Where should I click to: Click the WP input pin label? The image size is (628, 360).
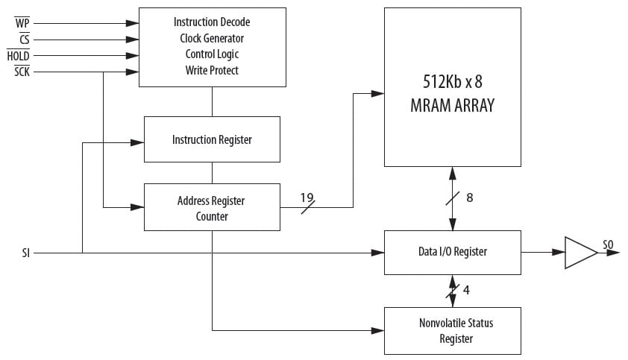(21, 23)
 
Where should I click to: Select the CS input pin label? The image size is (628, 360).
(23, 40)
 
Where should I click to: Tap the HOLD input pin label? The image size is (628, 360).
(18, 56)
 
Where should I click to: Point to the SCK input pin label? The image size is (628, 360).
(22, 72)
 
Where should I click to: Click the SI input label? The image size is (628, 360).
(26, 253)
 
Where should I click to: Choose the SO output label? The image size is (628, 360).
(609, 244)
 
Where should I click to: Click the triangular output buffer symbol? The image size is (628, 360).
(579, 253)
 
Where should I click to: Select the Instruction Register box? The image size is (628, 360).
(212, 139)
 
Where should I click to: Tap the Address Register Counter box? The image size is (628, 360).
(212, 208)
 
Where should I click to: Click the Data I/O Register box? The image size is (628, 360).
(452, 252)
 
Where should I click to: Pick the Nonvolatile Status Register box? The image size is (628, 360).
(452, 330)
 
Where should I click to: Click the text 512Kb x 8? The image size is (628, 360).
(452, 82)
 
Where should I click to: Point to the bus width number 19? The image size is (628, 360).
(307, 198)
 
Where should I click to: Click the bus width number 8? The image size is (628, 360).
(469, 198)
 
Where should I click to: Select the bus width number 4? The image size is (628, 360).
(466, 290)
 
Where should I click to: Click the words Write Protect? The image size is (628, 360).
(212, 71)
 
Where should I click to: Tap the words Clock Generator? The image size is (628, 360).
(212, 38)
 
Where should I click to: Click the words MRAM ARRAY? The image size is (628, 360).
(452, 105)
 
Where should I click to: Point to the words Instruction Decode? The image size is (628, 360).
(212, 22)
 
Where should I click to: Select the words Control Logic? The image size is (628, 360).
(212, 54)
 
